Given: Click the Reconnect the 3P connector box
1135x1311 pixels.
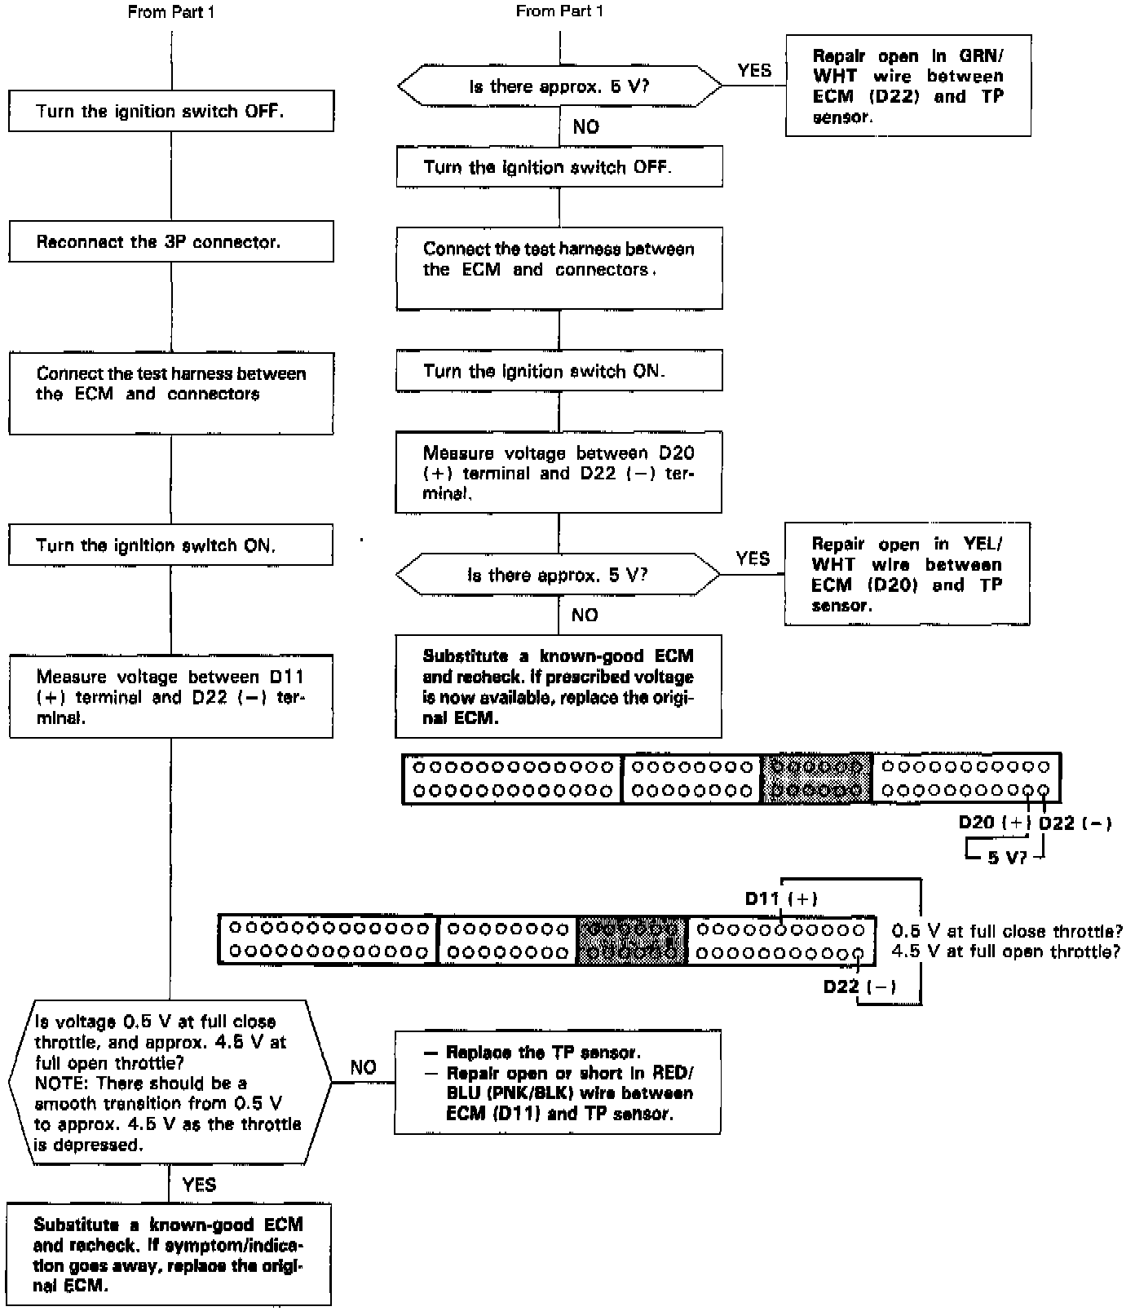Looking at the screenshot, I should (x=171, y=242).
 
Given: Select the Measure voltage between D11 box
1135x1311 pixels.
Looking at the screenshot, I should (x=171, y=697).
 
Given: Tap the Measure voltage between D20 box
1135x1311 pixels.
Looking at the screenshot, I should (x=559, y=473).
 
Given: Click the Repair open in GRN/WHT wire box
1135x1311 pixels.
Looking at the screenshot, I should (x=908, y=86).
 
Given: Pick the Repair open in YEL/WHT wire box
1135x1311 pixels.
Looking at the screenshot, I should (x=907, y=574).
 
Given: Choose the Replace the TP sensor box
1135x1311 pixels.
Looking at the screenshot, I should (x=558, y=1082).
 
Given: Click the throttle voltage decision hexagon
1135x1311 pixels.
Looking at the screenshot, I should (x=170, y=1082).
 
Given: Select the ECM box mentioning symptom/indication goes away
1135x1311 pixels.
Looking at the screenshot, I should (x=170, y=1255).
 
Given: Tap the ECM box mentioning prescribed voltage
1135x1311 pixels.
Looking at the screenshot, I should (x=559, y=686).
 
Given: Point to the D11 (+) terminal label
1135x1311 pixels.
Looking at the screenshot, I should (x=780, y=898).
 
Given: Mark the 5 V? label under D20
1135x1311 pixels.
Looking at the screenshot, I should (x=1006, y=858).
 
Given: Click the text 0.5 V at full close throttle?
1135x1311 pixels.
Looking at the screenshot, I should (x=1007, y=931).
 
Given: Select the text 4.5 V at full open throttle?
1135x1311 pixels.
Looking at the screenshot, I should (x=1005, y=951).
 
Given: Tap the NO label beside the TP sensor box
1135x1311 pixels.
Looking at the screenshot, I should (x=363, y=1067).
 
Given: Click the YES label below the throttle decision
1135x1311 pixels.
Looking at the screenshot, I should (x=199, y=1185).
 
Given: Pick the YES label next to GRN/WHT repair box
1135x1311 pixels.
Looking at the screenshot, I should (x=754, y=70).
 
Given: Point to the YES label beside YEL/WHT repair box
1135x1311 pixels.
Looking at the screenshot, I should (x=753, y=558).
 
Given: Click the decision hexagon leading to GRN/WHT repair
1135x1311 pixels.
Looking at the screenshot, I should (x=559, y=86).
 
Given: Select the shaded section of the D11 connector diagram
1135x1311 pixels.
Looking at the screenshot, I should (x=633, y=941).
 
